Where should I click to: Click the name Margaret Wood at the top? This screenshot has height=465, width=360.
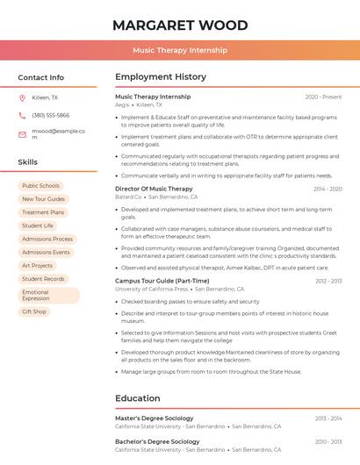click(179, 25)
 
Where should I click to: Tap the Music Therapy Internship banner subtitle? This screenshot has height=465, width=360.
click(179, 51)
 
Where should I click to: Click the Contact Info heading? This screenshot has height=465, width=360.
click(40, 77)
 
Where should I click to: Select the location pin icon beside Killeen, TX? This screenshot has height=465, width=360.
click(22, 97)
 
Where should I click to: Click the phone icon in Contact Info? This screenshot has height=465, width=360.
click(22, 115)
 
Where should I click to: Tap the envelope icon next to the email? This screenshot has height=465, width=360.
click(22, 134)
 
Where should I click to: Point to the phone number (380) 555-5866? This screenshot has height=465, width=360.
click(50, 115)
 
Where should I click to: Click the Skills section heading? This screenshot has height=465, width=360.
click(27, 162)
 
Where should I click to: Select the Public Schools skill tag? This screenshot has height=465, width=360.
click(40, 186)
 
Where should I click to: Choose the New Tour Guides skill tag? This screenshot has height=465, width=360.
click(43, 199)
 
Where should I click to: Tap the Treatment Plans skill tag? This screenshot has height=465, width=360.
click(43, 212)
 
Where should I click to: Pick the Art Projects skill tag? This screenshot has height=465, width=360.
click(37, 265)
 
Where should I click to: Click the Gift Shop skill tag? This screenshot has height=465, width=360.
click(34, 311)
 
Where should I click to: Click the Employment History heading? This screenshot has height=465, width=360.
click(161, 77)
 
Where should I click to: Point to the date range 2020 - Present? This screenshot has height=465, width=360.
click(323, 97)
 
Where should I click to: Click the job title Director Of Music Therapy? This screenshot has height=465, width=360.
click(154, 189)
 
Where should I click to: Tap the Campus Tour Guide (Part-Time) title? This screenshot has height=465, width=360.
click(162, 281)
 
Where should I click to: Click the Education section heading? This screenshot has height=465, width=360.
click(137, 398)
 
